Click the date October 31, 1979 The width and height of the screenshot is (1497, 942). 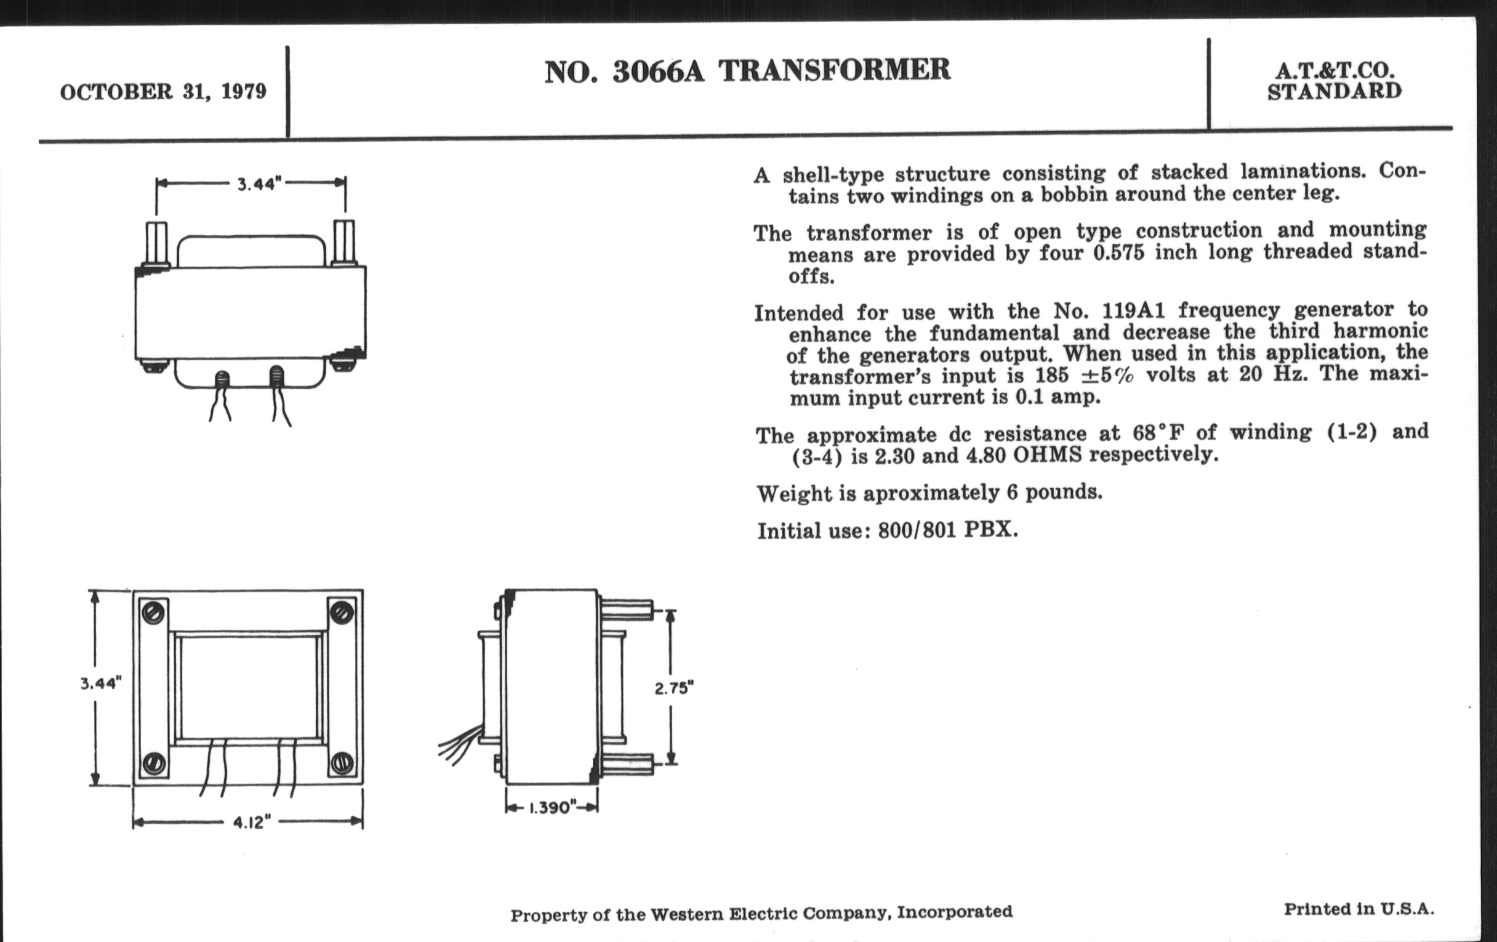coord(163,92)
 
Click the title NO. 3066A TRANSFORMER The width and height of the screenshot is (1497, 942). coord(747,70)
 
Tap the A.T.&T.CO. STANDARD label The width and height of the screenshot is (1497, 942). coord(1334,80)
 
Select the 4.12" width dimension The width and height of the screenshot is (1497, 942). coord(252,823)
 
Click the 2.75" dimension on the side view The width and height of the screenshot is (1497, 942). coord(674,688)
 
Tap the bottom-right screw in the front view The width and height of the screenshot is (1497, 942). coord(340,762)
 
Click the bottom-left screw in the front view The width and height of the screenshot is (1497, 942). coord(154,762)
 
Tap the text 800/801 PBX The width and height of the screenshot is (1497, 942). coord(948,529)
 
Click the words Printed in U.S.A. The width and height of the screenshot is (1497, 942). coord(1359,909)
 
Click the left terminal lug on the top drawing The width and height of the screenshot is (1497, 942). coord(222,379)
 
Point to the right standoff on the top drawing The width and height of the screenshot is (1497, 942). coord(345,243)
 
